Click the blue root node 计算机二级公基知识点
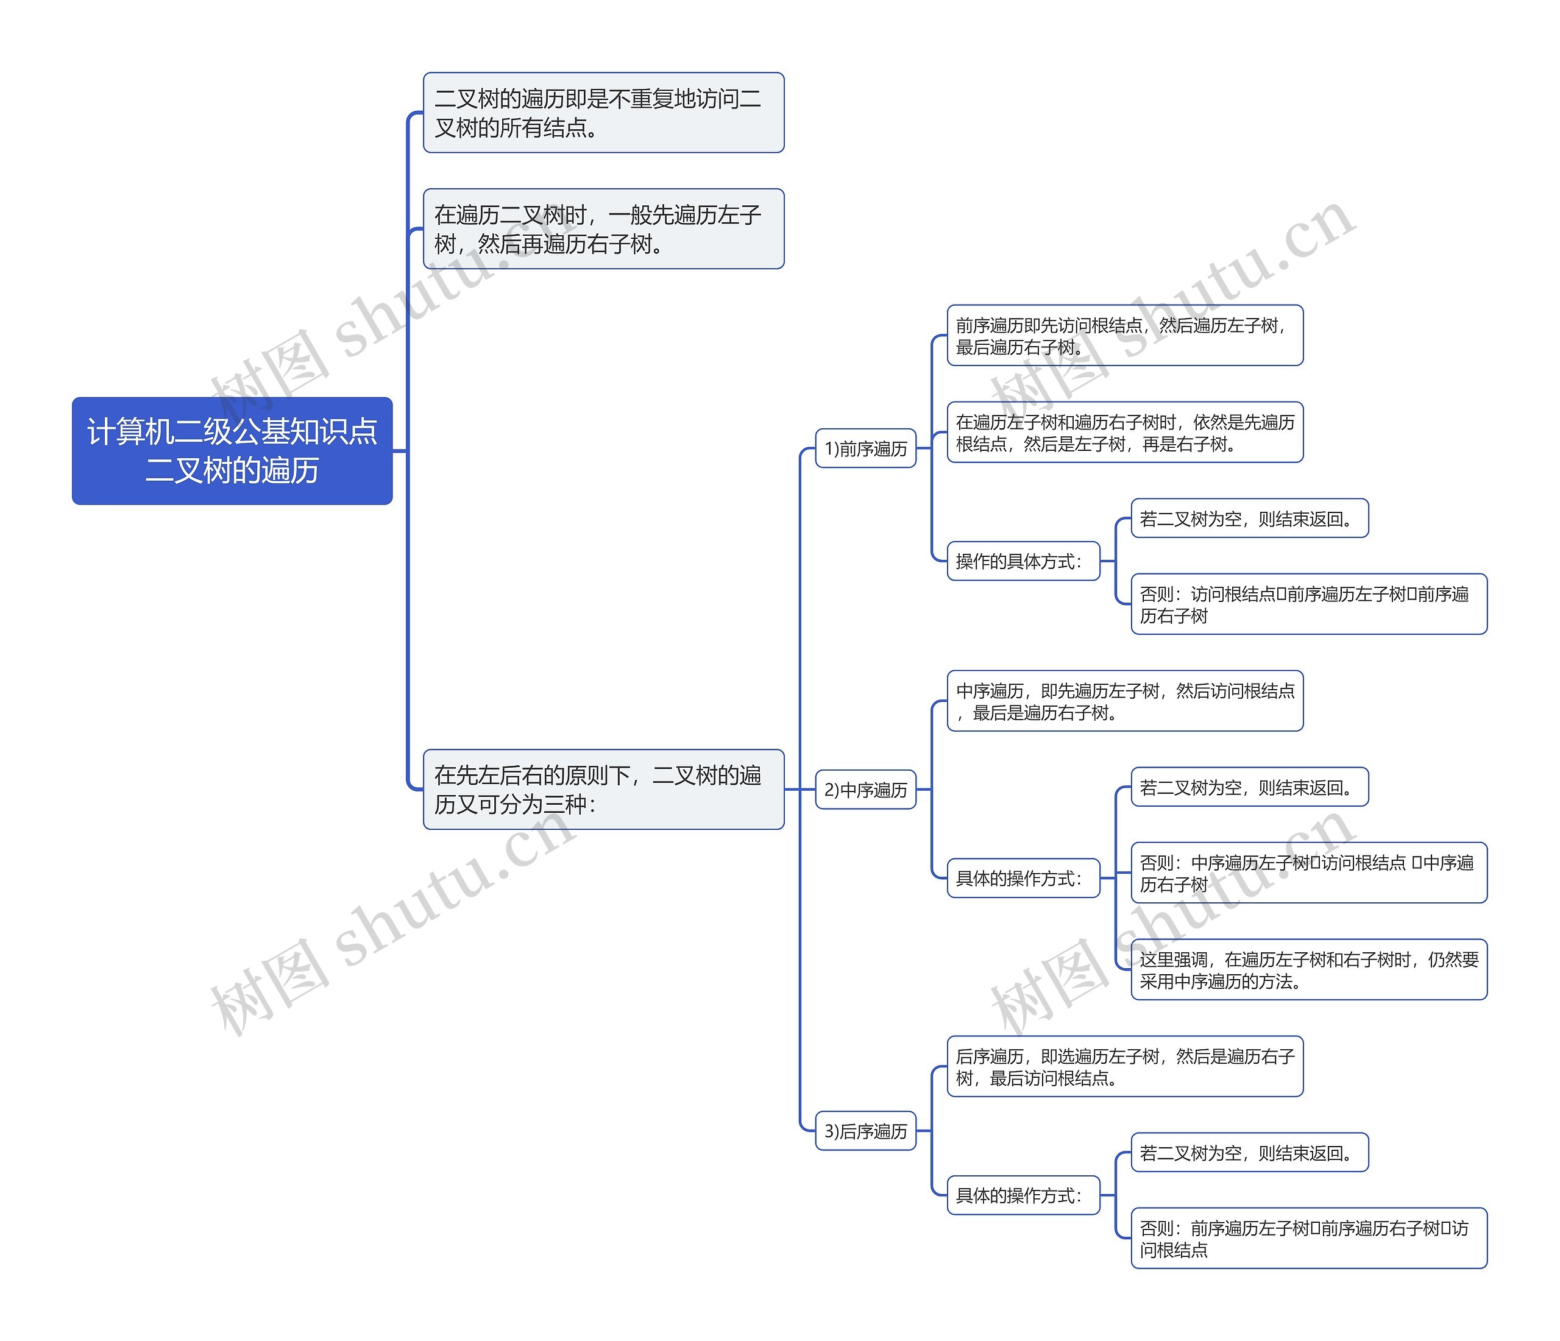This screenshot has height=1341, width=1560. [x=232, y=450]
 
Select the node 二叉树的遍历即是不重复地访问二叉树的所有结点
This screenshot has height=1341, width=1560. [x=603, y=113]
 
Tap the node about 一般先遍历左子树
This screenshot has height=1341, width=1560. [x=603, y=229]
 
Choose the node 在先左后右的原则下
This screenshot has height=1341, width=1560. [x=603, y=789]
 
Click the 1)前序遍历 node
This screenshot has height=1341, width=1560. [x=865, y=449]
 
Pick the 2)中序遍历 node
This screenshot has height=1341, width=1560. [x=865, y=790]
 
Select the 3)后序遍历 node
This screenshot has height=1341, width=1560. [x=865, y=1131]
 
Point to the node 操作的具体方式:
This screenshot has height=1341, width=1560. [x=1023, y=561]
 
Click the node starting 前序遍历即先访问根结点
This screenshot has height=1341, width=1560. [x=1124, y=336]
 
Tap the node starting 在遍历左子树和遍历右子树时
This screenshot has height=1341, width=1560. [x=1124, y=432]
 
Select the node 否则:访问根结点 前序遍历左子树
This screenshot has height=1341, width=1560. [x=1308, y=604]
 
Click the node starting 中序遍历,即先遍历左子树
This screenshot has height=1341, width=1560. [x=1124, y=701]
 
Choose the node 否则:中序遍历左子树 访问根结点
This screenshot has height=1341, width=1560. [x=1308, y=872]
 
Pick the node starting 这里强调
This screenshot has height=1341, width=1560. [x=1308, y=970]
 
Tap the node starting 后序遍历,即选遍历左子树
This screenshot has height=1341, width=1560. [x=1124, y=1067]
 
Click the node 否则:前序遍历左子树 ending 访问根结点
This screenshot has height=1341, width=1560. [x=1308, y=1239]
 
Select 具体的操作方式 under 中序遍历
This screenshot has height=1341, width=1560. [x=1023, y=878]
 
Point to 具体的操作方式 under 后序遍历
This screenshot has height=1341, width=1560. [x=1023, y=1195]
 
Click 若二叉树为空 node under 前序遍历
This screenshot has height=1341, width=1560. [x=1249, y=518]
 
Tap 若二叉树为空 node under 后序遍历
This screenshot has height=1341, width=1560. [x=1249, y=1153]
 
